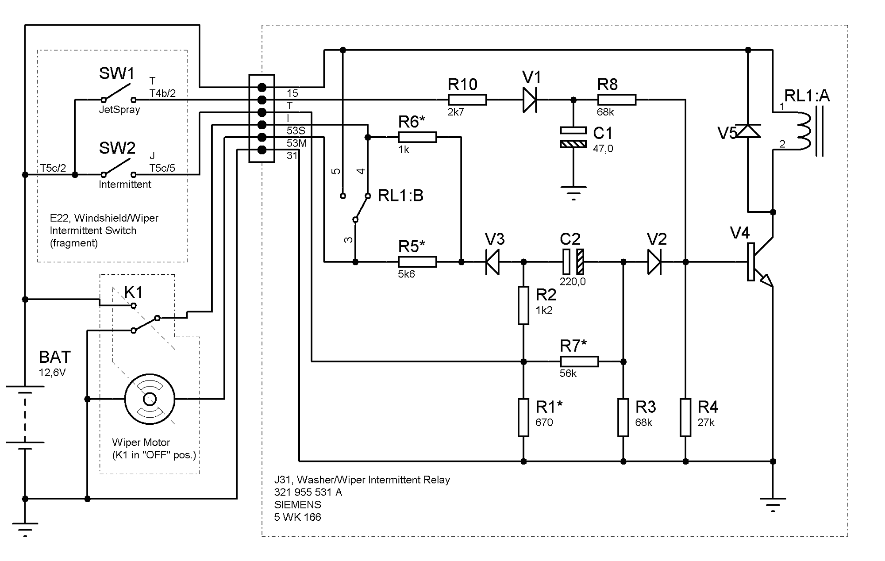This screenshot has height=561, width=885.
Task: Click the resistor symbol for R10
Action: [467, 100]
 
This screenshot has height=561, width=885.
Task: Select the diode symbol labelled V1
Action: [530, 100]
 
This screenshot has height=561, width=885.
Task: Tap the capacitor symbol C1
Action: [573, 137]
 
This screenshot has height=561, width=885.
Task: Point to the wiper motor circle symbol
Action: [150, 399]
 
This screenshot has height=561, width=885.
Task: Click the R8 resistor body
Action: [616, 100]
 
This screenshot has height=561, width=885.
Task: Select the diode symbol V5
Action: [748, 131]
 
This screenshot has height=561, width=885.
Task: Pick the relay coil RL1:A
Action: [803, 131]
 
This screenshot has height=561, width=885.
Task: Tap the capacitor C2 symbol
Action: [573, 262]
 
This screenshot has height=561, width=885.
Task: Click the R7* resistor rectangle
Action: [579, 361]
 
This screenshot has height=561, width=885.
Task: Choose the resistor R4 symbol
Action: [685, 417]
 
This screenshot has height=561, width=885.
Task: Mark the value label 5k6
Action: [406, 274]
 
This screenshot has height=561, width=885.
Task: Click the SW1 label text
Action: [117, 73]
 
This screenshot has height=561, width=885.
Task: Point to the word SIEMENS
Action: [297, 504]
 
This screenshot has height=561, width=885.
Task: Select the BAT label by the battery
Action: [54, 357]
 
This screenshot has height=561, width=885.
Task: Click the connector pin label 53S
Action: [296, 131]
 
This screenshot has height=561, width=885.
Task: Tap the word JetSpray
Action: [119, 110]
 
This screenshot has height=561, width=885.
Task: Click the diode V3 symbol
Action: [493, 262]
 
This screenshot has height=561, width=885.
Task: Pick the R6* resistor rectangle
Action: [417, 138]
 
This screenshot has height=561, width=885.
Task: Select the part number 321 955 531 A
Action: [308, 492]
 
